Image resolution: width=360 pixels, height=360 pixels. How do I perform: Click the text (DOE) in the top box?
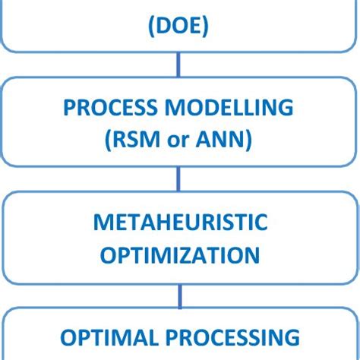178,27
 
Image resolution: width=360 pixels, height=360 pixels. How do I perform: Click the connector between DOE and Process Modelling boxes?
179,65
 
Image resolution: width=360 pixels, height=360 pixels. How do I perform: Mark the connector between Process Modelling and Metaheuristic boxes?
179,179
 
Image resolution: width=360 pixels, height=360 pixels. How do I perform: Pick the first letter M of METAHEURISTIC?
102,223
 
